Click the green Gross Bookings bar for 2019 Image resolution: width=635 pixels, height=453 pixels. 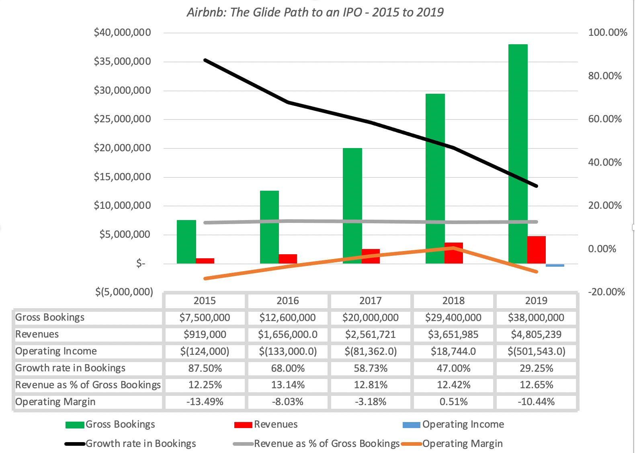point(518,153)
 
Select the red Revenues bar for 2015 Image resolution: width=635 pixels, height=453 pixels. point(205,261)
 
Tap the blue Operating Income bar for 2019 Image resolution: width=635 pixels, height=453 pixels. point(555,265)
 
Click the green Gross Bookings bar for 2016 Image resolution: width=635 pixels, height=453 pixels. point(269,227)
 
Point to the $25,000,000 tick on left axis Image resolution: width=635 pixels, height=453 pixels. point(123,119)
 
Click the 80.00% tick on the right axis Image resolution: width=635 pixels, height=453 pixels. point(604,76)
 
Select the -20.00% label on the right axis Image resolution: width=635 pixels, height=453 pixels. point(606,292)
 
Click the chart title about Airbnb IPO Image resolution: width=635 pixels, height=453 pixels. point(315,12)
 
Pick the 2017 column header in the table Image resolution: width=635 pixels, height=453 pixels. point(370,301)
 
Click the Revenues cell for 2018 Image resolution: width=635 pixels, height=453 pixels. point(453,334)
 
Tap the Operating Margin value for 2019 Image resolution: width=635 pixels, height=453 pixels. point(536,402)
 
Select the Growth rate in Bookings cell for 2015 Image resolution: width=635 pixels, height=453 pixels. point(205,368)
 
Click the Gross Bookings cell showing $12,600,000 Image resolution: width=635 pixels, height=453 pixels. point(287,318)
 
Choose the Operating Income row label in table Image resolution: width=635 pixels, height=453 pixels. point(56,351)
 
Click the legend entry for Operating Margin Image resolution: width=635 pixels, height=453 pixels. point(462,444)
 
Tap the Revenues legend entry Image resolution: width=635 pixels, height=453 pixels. point(276,424)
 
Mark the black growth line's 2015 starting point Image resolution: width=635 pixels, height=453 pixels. point(205,60)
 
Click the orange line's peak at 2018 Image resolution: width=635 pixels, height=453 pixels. point(453,248)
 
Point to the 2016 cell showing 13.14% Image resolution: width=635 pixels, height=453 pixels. point(287,385)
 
